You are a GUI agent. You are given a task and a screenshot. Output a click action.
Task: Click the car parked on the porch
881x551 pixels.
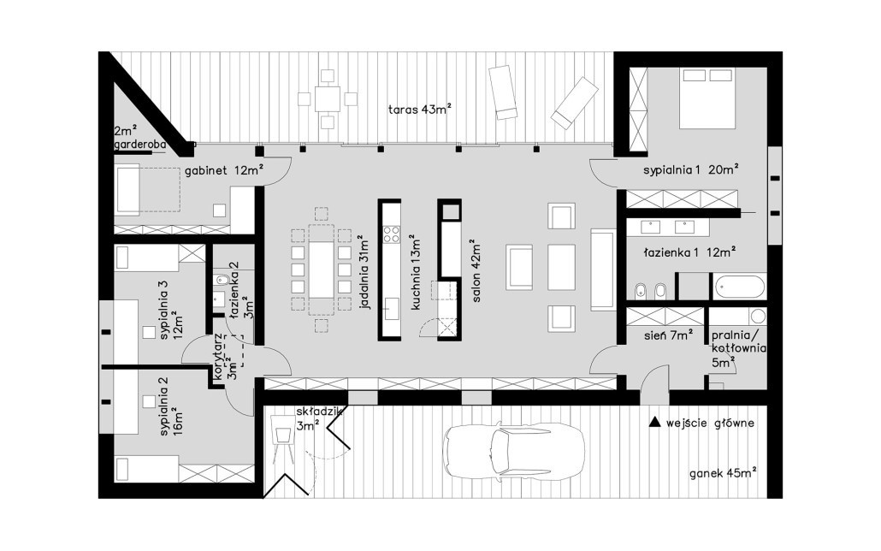tap(513, 451)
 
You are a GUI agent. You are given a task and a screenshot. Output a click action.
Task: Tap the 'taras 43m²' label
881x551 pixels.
tap(420, 109)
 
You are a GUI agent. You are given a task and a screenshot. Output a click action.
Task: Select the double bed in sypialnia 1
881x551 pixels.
tap(707, 98)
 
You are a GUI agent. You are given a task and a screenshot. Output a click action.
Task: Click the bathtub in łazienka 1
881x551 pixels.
tap(740, 286)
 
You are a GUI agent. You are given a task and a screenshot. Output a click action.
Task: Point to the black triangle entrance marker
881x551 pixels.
tap(654, 423)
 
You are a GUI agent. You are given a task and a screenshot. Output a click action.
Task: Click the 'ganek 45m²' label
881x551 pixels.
tap(723, 473)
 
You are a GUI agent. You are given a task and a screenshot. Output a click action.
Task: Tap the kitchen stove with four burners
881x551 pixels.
tap(391, 234)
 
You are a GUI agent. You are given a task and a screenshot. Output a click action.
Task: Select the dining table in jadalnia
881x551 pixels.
tap(322, 270)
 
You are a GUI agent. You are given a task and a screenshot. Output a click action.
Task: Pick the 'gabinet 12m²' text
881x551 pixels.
tap(224, 170)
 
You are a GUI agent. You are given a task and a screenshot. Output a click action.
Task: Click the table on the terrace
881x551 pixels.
tap(327, 99)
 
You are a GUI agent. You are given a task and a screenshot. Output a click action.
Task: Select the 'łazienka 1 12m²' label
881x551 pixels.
tap(689, 253)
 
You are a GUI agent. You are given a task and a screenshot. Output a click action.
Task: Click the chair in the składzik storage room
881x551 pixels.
tap(280, 434)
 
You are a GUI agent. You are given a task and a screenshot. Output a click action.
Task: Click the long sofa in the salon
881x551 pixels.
tap(602, 270)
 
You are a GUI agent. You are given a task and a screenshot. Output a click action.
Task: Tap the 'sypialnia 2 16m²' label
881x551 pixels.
tap(170, 406)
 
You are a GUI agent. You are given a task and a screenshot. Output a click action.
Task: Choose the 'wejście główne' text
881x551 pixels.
tap(710, 424)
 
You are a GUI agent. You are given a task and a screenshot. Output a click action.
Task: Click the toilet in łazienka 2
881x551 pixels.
tap(221, 280)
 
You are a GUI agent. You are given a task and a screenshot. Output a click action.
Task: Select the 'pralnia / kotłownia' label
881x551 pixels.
tap(738, 348)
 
